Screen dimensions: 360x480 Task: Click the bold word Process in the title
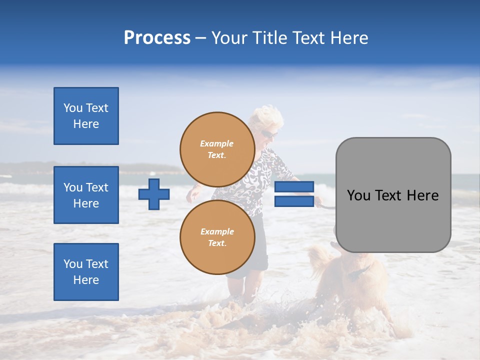point(157,38)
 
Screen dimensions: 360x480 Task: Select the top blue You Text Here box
point(86,116)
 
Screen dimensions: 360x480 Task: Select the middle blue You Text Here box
point(86,195)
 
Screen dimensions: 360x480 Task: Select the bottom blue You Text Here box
point(86,272)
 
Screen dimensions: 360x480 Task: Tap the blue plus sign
point(154,194)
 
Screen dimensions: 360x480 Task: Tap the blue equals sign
point(294,194)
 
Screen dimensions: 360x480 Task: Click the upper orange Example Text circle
point(216,149)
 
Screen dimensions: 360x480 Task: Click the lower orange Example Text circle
point(216,237)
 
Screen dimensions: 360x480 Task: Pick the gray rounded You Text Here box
point(393,195)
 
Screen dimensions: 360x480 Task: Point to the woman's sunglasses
point(268,134)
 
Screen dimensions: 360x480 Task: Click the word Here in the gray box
point(422,195)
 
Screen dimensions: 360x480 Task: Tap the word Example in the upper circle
point(216,143)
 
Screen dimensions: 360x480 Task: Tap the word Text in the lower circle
point(216,243)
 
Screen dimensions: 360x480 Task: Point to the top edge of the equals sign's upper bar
point(294,182)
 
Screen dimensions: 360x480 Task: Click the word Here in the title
point(348,38)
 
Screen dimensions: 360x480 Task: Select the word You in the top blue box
point(72,108)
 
